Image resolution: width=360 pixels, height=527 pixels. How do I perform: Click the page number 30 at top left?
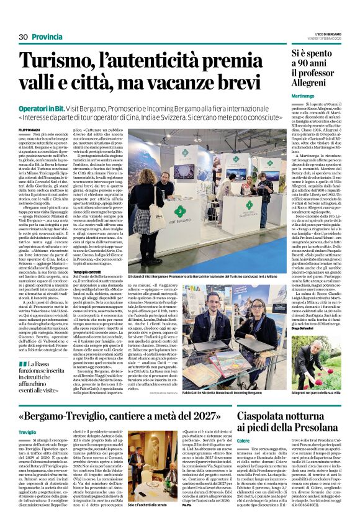click(x=24, y=37)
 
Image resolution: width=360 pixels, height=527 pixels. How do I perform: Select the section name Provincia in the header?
click(x=48, y=37)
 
